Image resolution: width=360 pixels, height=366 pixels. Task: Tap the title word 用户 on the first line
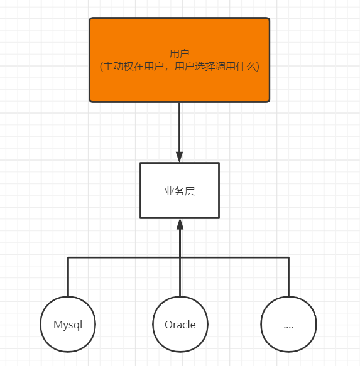(x=180, y=53)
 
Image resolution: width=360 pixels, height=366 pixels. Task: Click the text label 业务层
(x=180, y=191)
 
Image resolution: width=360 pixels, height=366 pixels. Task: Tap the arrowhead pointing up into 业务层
(x=180, y=224)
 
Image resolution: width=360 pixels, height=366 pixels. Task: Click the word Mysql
(x=67, y=325)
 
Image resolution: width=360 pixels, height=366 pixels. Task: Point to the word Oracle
(x=180, y=325)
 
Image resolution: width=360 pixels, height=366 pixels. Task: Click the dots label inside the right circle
(x=288, y=326)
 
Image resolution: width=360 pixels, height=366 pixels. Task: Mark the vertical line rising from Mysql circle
(x=67, y=276)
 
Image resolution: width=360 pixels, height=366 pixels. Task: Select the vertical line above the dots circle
(x=288, y=276)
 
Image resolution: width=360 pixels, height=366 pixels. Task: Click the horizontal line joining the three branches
(x=126, y=257)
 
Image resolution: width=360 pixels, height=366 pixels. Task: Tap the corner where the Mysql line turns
(x=67, y=257)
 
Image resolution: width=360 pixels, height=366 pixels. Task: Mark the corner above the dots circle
(x=288, y=257)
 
